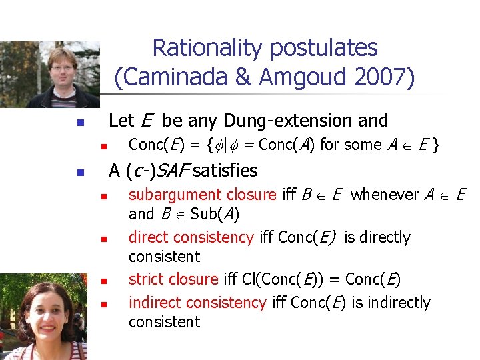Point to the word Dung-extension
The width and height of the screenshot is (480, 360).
[289, 121]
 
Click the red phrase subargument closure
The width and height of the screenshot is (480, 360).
[202, 195]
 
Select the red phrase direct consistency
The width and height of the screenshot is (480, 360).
[191, 237]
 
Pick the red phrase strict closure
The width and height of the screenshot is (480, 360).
[173, 279]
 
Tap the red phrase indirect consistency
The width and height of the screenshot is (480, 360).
[197, 303]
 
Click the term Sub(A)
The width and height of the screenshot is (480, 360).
[215, 214]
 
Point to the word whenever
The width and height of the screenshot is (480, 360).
[383, 195]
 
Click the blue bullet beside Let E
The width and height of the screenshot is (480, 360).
[79, 123]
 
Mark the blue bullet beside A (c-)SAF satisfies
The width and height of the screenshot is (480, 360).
[79, 173]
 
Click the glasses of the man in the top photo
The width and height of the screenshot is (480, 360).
[62, 67]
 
